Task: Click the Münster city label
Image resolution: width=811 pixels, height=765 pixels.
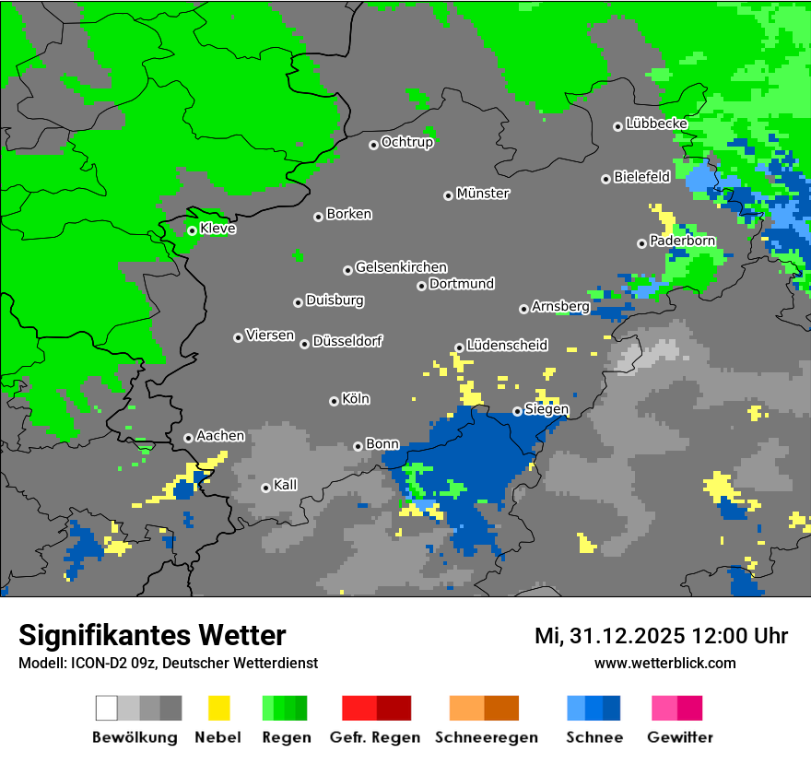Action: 483,194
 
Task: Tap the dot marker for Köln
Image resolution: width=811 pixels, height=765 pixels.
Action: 334,401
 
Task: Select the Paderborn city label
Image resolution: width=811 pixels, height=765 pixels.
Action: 682,241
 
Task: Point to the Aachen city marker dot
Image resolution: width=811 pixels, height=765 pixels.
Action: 188,438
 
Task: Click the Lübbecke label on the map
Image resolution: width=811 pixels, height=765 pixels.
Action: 656,123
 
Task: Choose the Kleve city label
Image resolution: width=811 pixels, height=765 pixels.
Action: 217,229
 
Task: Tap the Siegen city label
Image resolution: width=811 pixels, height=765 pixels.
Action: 547,409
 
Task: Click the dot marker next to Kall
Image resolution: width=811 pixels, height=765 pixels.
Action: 265,488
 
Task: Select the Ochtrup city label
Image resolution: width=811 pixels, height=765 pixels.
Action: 407,142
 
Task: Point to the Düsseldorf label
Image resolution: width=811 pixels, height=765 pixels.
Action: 347,341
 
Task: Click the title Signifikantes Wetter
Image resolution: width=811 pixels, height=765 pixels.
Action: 152,635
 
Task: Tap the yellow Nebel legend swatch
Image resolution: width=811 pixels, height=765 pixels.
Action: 218,708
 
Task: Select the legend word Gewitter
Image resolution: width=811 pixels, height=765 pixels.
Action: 680,737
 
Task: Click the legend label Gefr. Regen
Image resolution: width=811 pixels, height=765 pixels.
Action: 375,737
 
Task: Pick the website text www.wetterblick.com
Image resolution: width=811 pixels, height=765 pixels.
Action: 665,663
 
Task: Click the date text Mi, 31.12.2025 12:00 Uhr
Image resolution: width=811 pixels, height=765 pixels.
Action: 661,636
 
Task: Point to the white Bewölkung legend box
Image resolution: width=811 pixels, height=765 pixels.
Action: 106,708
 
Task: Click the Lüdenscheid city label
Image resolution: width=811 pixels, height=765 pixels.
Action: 507,345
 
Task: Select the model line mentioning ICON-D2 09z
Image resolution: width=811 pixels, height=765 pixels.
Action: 168,663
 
